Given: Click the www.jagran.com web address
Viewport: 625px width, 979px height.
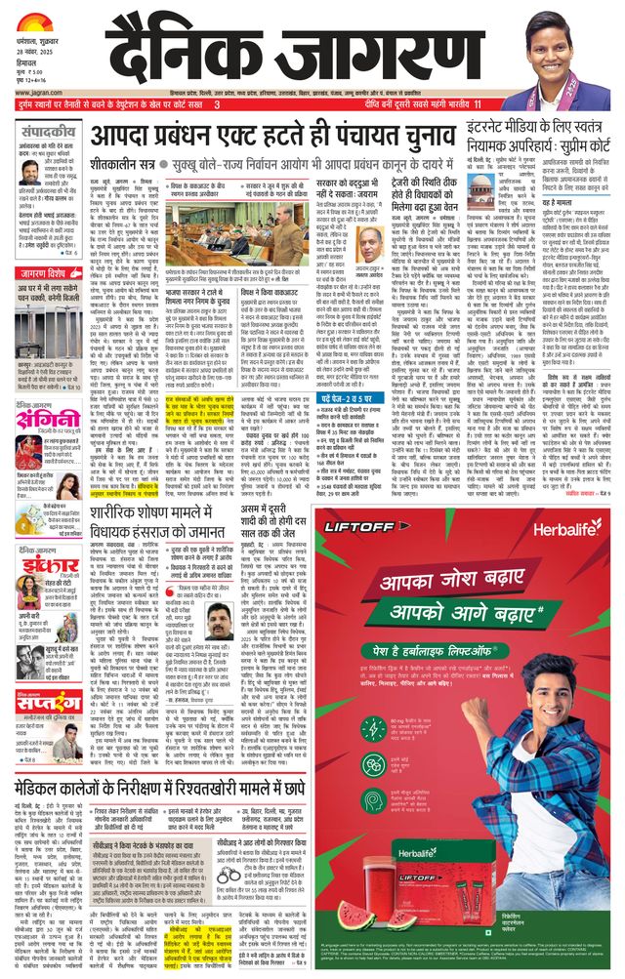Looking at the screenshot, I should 39,94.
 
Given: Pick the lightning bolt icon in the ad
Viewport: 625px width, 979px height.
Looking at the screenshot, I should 347,756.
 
